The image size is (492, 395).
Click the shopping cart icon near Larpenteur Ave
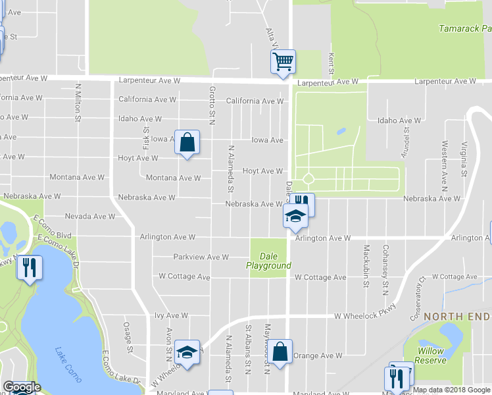283,63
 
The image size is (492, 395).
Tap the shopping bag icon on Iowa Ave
187,142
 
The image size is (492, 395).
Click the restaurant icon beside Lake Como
29,267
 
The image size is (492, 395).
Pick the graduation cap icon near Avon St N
187,352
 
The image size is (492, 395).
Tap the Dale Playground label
268,261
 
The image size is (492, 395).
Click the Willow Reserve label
430,355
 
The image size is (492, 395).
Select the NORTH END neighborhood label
457,317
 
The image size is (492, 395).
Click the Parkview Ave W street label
201,257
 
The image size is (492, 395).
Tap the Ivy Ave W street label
168,316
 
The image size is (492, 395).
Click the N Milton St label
78,103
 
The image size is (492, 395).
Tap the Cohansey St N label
385,266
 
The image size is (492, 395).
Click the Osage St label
128,337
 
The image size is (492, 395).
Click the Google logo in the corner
21,387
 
